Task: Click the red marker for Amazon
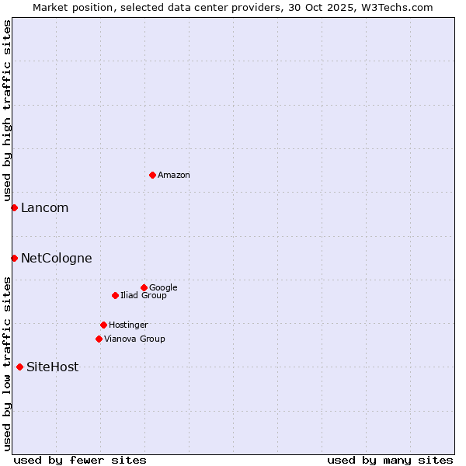tap(152, 175)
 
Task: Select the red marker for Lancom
tap(14, 207)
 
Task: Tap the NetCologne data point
tap(14, 258)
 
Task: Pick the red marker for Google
tap(144, 287)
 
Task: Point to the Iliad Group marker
tap(115, 295)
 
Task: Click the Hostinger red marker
tap(103, 325)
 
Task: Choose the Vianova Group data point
tap(99, 339)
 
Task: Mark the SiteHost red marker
tap(19, 367)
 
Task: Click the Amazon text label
tap(174, 176)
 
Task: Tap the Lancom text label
tap(44, 208)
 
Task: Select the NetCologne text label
tap(56, 259)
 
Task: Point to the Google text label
tap(163, 288)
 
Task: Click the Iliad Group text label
tap(144, 296)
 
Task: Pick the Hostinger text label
tap(128, 325)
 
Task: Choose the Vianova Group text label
tap(134, 339)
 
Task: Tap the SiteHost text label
tap(52, 367)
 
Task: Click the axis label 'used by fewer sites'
tap(80, 460)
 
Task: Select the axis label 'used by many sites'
tap(390, 460)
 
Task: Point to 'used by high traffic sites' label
tap(7, 110)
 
